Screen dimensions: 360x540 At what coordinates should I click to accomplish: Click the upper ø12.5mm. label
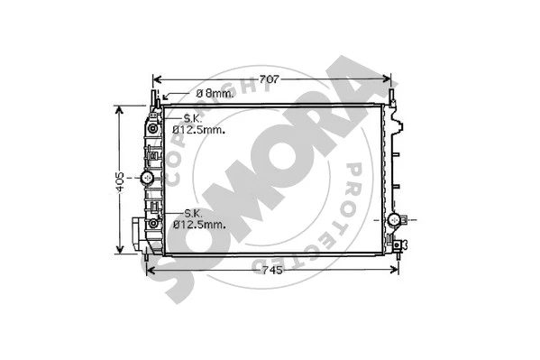(x=198, y=129)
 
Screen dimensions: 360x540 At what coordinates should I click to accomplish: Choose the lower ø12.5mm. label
(x=198, y=223)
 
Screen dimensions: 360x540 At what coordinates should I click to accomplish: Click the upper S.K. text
(x=192, y=118)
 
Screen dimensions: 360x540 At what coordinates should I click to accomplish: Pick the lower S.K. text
(x=191, y=212)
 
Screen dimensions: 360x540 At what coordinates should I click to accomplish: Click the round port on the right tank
(x=393, y=219)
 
